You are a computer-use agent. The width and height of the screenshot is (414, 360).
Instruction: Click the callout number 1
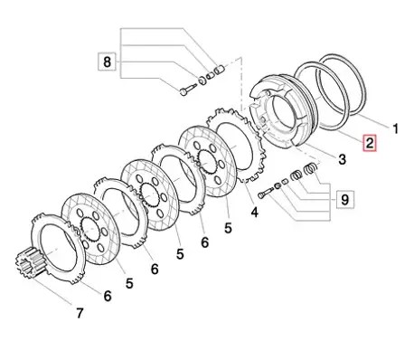click(x=395, y=128)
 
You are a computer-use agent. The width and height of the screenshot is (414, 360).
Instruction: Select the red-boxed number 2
click(x=370, y=143)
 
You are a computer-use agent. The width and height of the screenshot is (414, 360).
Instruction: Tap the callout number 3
click(x=342, y=159)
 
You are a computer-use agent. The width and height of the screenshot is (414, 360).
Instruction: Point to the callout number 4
click(x=255, y=213)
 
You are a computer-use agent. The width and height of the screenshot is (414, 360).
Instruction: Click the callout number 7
click(x=79, y=313)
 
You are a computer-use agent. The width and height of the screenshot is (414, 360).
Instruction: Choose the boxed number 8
click(x=107, y=62)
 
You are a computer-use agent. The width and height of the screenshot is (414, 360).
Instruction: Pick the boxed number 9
click(x=344, y=199)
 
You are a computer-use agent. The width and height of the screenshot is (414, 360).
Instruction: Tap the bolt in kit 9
click(x=266, y=193)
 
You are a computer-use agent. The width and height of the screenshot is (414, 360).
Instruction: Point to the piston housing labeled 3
click(x=282, y=110)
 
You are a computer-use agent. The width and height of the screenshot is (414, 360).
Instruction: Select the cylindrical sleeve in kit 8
click(x=219, y=71)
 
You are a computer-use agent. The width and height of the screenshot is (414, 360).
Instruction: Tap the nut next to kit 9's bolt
click(x=278, y=185)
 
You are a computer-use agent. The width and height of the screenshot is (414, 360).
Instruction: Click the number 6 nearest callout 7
click(x=108, y=296)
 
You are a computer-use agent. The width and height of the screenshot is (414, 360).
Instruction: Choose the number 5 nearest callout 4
click(x=228, y=228)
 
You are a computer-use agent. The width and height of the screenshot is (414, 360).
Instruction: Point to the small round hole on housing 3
click(x=263, y=120)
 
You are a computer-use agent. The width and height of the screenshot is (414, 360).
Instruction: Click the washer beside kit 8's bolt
click(x=202, y=80)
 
